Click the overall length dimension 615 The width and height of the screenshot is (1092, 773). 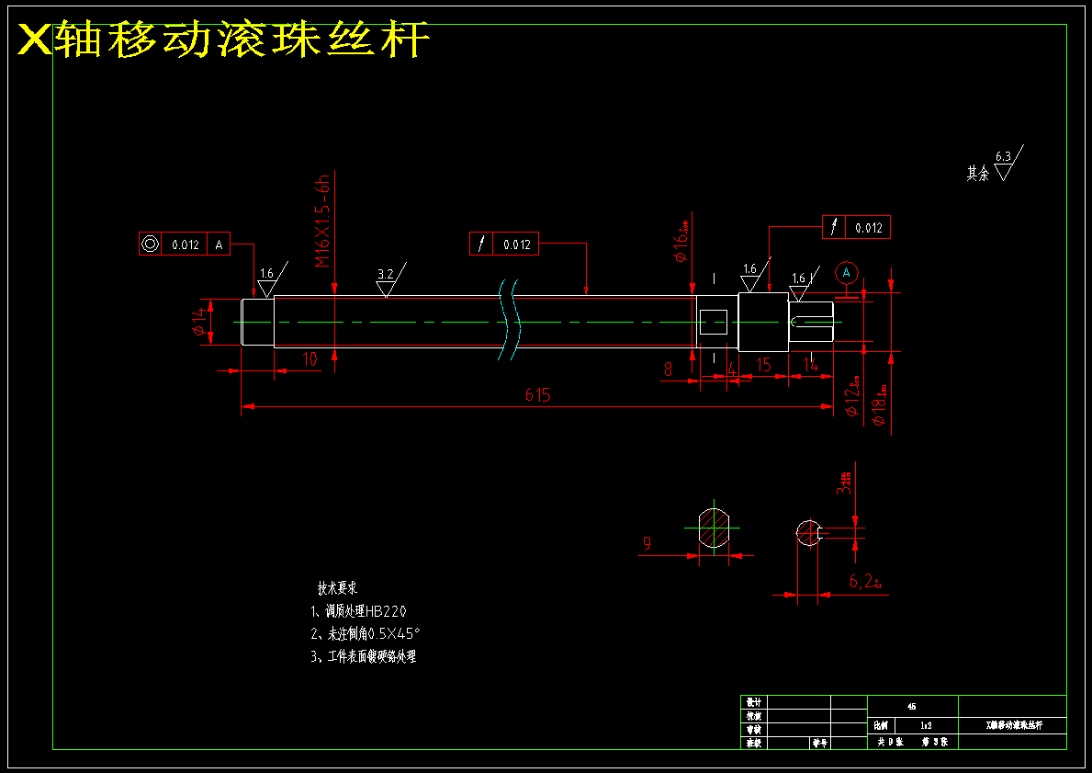(537, 395)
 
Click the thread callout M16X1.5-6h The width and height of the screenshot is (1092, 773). (322, 221)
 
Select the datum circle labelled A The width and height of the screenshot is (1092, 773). (847, 272)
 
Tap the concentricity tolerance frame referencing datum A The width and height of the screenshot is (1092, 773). (184, 244)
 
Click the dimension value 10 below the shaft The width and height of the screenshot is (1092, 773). (310, 359)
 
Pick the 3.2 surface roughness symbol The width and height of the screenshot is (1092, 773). (387, 281)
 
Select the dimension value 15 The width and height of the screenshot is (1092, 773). (762, 365)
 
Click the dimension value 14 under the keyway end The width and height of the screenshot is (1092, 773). (810, 365)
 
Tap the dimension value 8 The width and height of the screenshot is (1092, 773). (668, 369)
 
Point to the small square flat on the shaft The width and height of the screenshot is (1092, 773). (714, 322)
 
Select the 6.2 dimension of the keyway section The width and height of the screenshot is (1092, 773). (863, 581)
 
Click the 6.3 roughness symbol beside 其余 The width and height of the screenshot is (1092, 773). (1003, 164)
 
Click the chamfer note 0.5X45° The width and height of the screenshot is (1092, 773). (366, 633)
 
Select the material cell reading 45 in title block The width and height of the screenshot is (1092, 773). (911, 707)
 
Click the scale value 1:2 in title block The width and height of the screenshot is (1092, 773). (926, 725)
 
